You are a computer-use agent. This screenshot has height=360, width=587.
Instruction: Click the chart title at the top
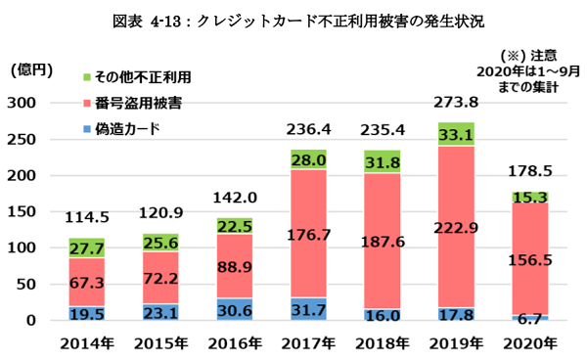pos(293,19)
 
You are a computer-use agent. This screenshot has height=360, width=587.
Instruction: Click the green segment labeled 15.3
pos(529,198)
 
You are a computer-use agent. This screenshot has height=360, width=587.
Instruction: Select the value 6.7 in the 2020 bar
pos(529,319)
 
